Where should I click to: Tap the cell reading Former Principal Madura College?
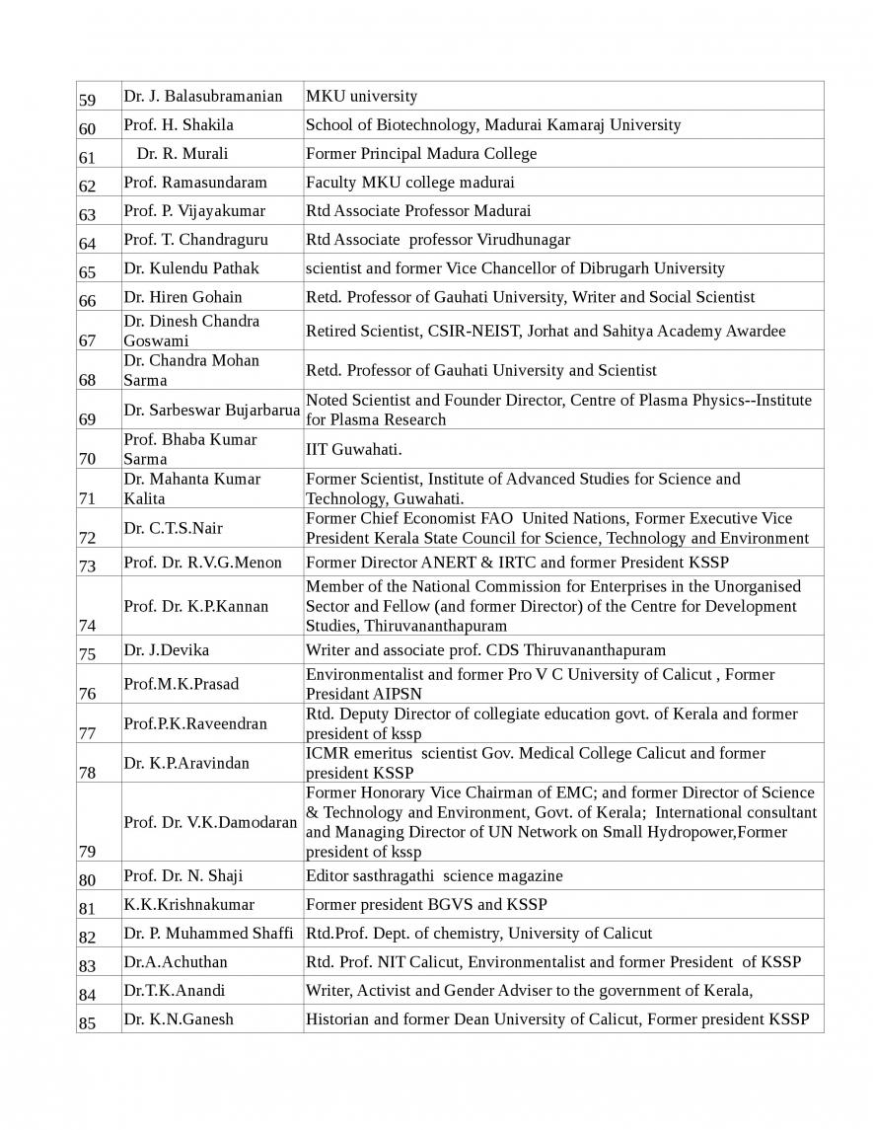pos(421,153)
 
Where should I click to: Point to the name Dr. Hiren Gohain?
pos(182,296)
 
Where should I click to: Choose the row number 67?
pos(87,340)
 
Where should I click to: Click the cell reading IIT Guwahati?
pos(353,449)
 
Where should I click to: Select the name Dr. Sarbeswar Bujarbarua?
pos(211,410)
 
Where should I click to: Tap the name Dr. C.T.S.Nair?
pos(173,528)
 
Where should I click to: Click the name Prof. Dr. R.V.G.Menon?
pos(202,563)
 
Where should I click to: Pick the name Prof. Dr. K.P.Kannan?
pos(195,606)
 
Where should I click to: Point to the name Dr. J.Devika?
pos(166,649)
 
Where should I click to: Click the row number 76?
pos(87,694)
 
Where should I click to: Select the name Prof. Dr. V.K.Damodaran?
pos(210,822)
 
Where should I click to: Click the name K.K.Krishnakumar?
pos(188,904)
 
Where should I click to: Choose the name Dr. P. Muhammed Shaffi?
pos(208,933)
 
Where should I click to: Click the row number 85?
pos(87,1023)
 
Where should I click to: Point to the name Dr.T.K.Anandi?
pos(175,990)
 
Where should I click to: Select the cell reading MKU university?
pos(361,96)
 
